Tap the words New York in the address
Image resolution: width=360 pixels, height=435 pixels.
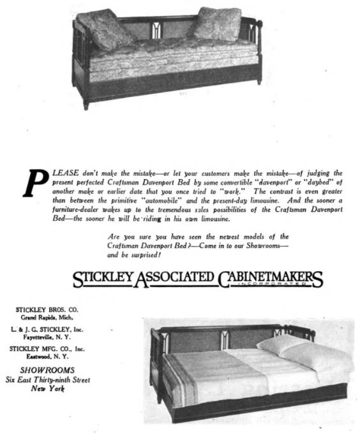click(48, 388)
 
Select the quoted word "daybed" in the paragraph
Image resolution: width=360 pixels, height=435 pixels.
click(316, 182)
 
